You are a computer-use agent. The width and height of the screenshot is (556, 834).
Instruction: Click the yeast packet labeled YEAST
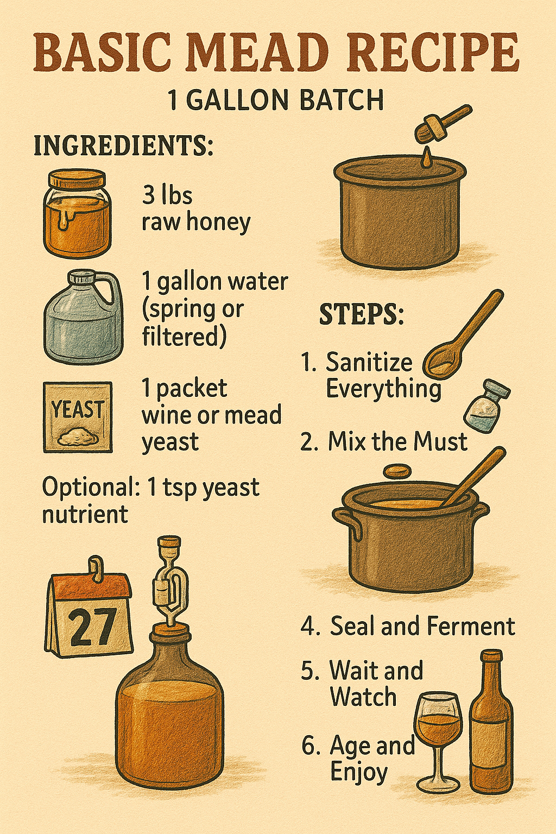coord(78,417)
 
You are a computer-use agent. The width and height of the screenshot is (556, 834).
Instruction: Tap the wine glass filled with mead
coord(438,728)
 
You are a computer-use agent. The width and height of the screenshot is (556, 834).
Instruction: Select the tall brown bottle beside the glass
coord(491,728)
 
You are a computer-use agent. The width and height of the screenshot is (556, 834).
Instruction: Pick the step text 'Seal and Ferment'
coord(422,626)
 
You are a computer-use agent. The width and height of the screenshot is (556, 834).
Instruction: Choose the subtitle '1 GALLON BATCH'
coord(276,100)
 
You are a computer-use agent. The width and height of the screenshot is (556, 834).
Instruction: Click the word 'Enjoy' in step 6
coord(359,772)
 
